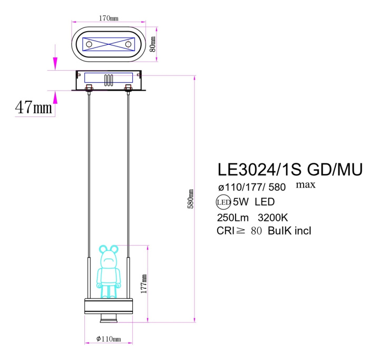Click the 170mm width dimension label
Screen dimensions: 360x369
coord(109,18)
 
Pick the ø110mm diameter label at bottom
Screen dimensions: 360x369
coord(109,339)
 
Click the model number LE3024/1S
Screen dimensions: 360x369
coord(259,170)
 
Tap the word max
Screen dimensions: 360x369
coord(306,184)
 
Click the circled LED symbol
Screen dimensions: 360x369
coord(223,201)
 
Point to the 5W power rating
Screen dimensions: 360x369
coord(240,201)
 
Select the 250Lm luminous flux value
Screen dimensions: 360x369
coord(232,217)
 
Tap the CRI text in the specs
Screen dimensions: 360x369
coord(226,231)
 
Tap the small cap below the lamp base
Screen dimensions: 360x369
coord(109,318)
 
